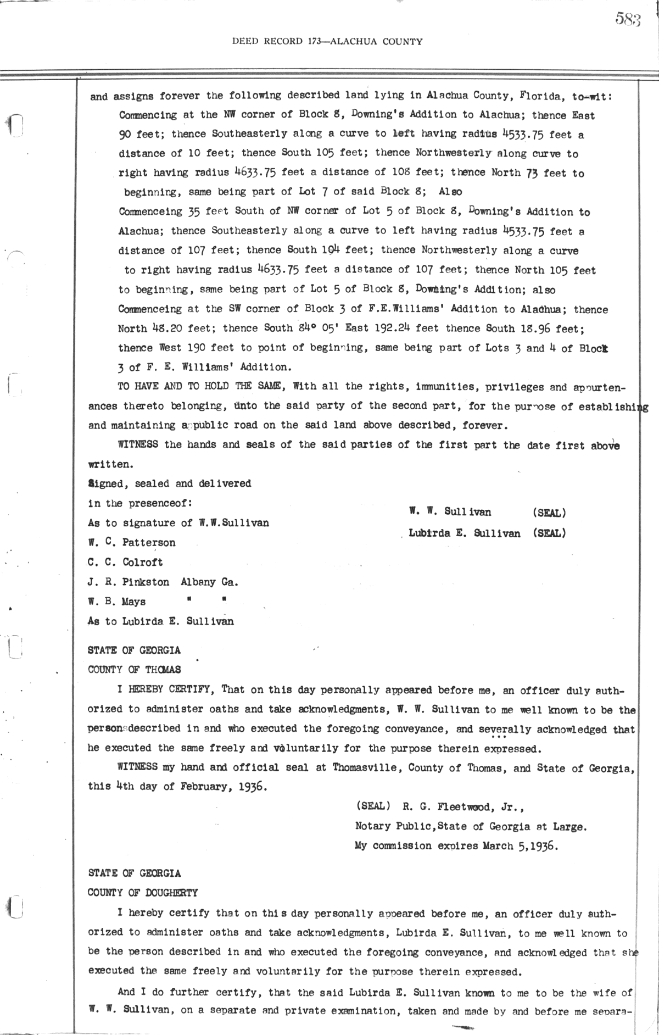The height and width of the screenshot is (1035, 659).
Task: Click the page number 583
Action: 628,20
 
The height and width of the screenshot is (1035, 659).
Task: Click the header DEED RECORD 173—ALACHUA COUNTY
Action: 327,41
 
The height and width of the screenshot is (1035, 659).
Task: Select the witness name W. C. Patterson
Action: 132,543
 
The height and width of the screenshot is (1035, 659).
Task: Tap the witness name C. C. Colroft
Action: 125,563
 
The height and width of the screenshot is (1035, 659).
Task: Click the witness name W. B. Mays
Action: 116,602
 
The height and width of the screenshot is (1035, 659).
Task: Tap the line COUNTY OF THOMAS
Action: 134,670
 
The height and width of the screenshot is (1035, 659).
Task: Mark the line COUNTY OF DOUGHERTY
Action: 143,893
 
